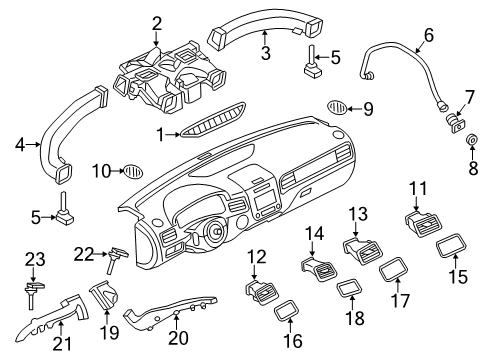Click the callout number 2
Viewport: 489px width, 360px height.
point(157,24)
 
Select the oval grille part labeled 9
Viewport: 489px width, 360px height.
point(337,107)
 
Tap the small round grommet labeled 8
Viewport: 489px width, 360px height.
point(472,140)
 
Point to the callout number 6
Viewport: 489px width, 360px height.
point(429,35)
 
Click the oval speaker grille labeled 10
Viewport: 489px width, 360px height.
point(133,171)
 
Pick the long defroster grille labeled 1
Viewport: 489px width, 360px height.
point(213,120)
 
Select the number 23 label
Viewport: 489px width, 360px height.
point(35,259)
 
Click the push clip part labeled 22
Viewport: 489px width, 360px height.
point(116,260)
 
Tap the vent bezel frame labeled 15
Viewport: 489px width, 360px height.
point(451,246)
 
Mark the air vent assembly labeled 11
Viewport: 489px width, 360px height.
point(423,224)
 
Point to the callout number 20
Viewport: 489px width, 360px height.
point(178,338)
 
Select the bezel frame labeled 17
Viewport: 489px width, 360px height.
point(394,269)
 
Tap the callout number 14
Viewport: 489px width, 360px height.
point(314,233)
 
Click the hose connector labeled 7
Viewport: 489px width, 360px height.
point(455,122)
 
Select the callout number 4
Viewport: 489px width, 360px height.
point(20,145)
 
